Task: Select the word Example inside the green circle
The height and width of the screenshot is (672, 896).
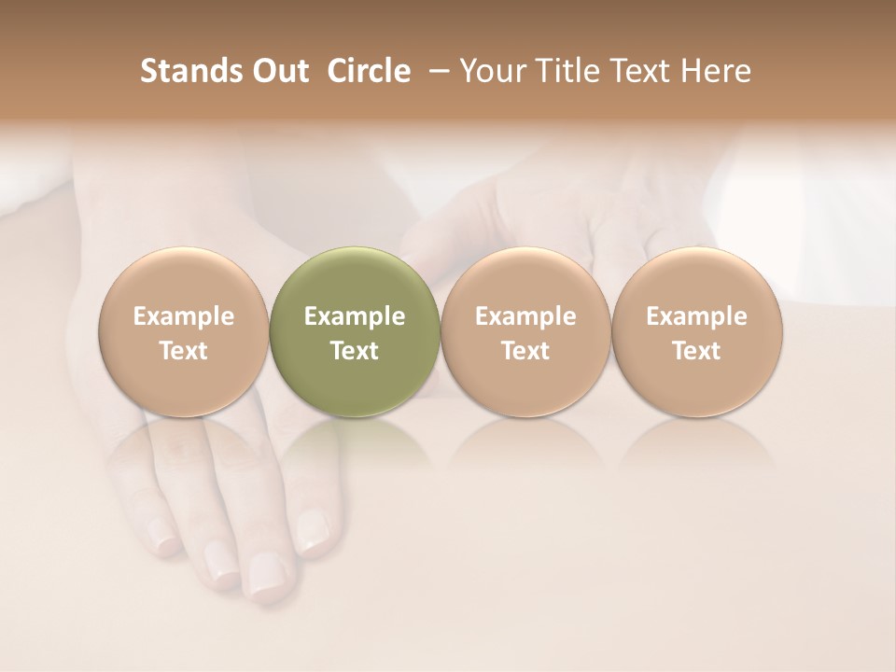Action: tap(355, 316)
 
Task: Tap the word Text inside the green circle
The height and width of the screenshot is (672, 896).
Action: tap(355, 351)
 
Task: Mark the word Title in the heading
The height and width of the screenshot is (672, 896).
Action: tap(566, 71)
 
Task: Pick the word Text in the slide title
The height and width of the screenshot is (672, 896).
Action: tap(636, 71)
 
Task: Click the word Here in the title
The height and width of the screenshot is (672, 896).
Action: tap(715, 71)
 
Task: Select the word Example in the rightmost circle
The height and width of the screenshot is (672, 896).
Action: tap(696, 316)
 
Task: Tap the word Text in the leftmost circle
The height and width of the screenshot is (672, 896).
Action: tap(184, 351)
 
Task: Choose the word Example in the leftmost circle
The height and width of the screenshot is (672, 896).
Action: tap(184, 316)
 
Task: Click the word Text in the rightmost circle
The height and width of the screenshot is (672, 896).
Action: tap(696, 351)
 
